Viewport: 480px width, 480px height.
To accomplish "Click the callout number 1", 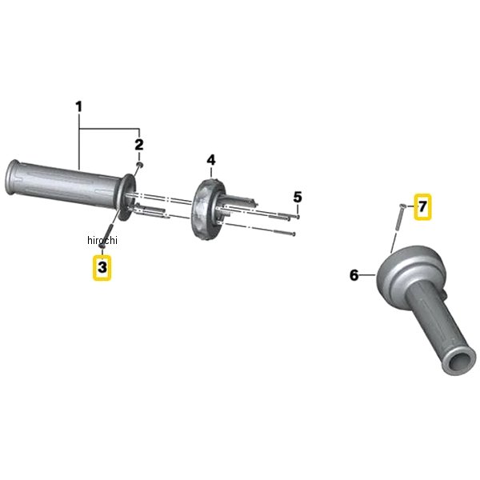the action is click(79, 107).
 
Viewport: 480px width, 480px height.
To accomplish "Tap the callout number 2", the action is click(139, 145).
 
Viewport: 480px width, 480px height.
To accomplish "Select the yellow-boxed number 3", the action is click(102, 267).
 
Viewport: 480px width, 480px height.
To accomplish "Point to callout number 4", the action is click(211, 161).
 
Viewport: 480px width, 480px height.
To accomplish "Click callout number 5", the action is click(298, 197).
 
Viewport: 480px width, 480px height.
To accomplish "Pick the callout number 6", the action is click(354, 275).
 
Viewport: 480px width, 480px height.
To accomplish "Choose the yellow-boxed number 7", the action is click(422, 206).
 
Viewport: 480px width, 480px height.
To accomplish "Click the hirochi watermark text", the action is click(102, 240).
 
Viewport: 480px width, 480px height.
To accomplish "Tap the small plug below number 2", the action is click(139, 165).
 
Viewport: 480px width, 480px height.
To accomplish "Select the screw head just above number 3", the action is click(102, 246).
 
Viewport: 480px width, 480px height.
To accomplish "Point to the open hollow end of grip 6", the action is click(458, 363).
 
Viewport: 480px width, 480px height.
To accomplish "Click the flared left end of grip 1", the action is click(11, 177).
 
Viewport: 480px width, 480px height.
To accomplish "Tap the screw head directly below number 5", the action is click(298, 217).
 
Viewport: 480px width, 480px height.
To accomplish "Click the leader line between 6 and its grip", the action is click(367, 275).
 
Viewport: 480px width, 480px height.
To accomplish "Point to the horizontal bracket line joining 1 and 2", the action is click(110, 128).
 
